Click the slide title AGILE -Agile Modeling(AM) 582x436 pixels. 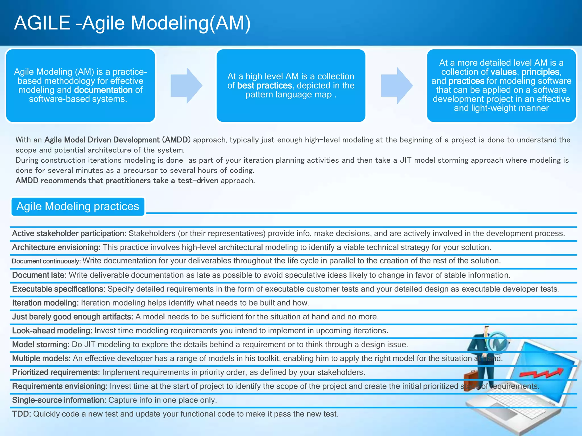click(132, 23)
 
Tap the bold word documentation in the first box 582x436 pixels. click(103, 90)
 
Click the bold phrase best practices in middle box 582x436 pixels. click(264, 85)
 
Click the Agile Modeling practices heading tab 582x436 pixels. click(78, 206)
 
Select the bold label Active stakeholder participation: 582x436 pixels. click(69, 233)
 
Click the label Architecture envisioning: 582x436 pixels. click(56, 247)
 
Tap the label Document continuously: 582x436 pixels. click(46, 261)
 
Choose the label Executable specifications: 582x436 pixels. click(59, 289)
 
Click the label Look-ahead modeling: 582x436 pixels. click(52, 331)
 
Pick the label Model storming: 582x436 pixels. click(41, 345)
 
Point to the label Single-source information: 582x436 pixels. click(59, 400)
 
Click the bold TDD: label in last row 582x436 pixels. click(21, 414)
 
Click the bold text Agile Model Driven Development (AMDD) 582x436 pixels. click(117, 140)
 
